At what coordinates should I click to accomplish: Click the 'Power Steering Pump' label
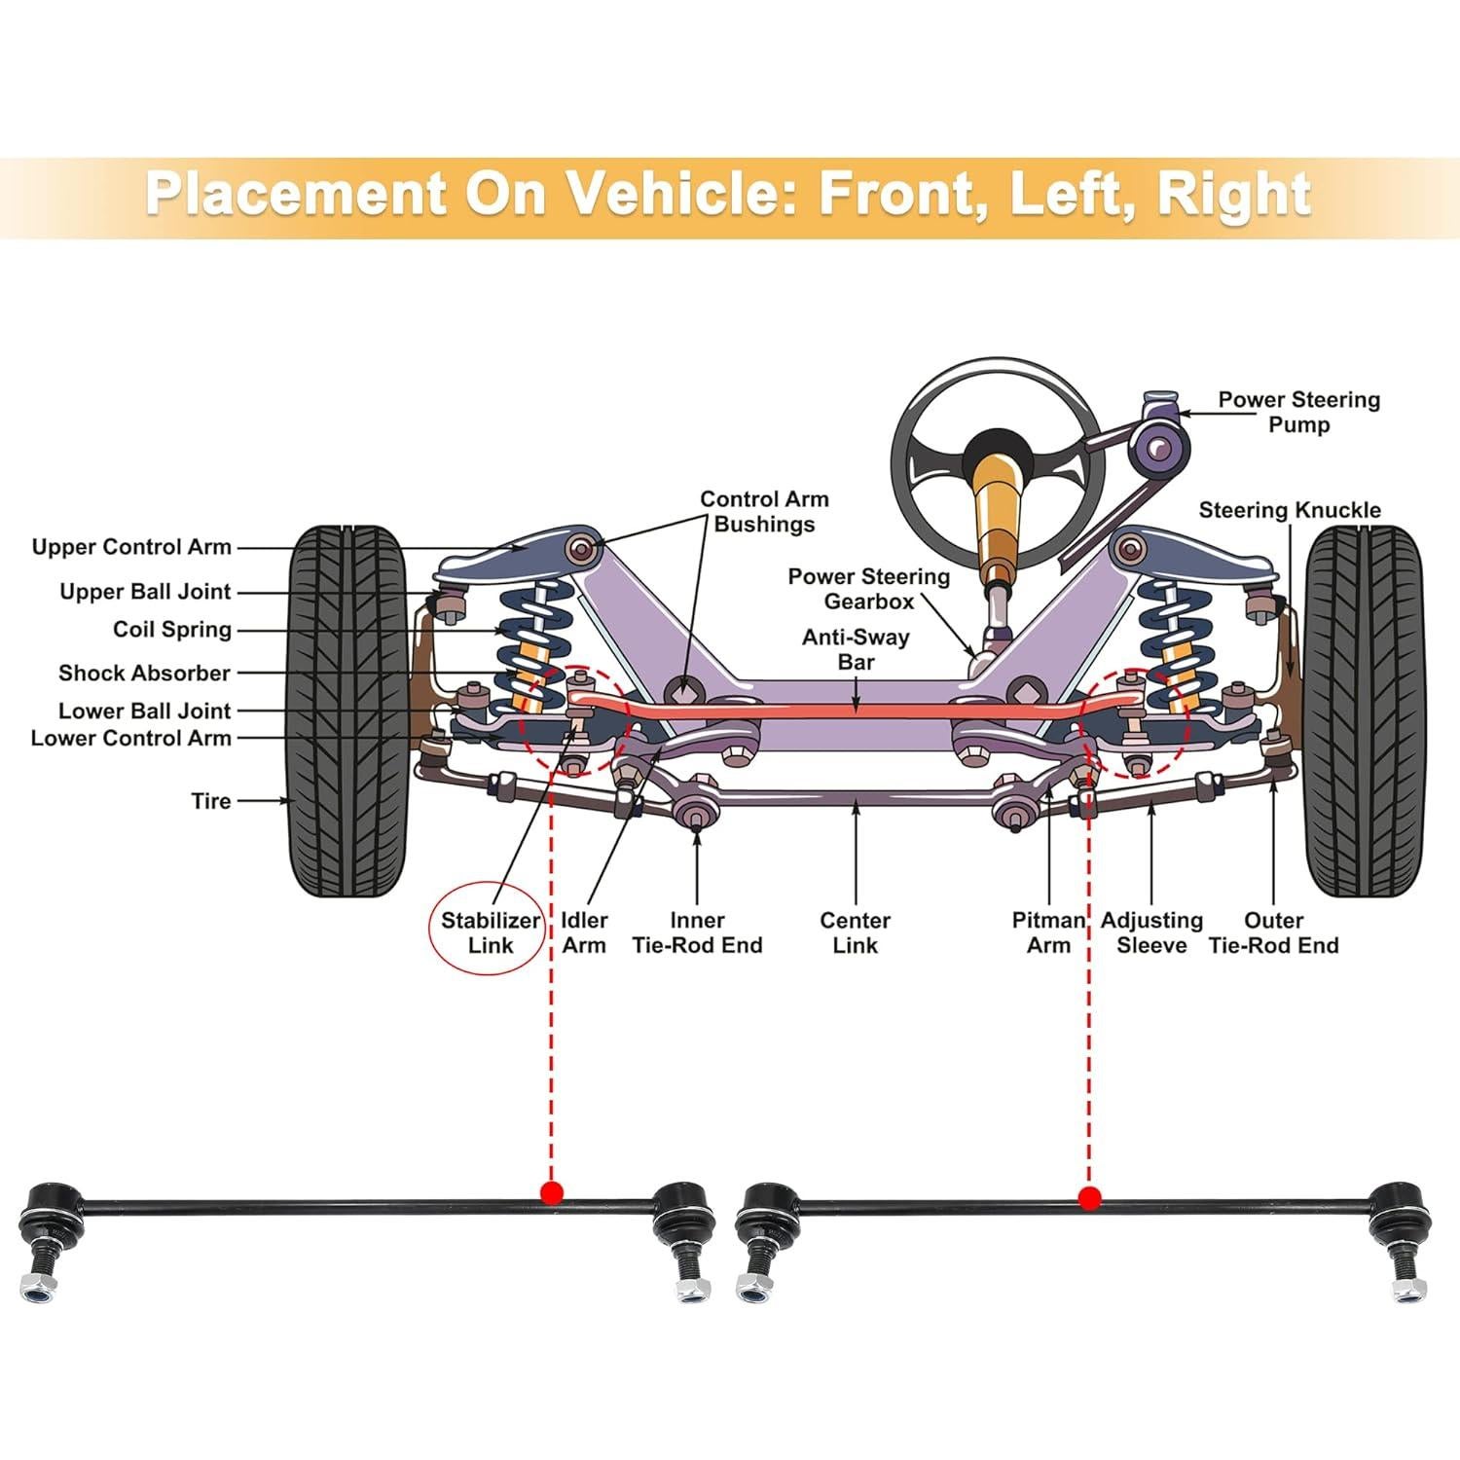tap(1298, 412)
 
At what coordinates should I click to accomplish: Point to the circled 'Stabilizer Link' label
tap(490, 932)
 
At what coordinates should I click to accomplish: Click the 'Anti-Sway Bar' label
tap(856, 649)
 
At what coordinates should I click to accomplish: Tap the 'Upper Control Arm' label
tap(131, 547)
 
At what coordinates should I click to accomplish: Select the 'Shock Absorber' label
tap(144, 673)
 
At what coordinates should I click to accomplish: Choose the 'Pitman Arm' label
tap(1047, 932)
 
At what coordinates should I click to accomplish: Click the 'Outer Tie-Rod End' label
tap(1273, 932)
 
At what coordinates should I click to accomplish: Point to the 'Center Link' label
tap(855, 932)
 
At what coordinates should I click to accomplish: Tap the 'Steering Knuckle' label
tap(1289, 510)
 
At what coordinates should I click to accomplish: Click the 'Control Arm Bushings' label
tap(764, 511)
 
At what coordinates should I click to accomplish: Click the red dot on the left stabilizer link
tap(553, 1193)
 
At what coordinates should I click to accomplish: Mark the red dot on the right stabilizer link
tap(1089, 1197)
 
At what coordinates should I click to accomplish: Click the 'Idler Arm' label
tap(584, 932)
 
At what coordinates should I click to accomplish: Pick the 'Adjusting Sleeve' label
tap(1151, 932)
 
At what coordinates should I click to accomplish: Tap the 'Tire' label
tap(211, 801)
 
